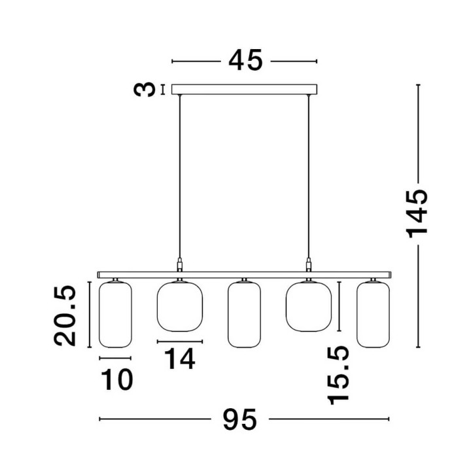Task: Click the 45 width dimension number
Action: (245, 61)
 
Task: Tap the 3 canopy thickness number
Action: (145, 90)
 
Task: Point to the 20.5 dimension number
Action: (65, 316)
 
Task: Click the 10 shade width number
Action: (117, 379)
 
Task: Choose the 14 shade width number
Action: (180, 358)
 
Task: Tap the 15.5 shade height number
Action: (338, 375)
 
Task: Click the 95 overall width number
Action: (239, 419)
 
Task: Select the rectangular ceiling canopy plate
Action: (244, 89)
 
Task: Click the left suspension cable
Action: (180, 177)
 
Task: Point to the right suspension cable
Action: (308, 177)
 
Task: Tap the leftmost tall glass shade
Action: (115, 315)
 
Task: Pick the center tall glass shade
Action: (244, 315)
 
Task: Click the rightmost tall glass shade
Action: (373, 315)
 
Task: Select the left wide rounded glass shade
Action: (180, 306)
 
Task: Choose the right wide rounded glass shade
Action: (309, 306)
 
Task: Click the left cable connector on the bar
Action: (180, 265)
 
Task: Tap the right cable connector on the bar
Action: (308, 265)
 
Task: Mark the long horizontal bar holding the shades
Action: (244, 275)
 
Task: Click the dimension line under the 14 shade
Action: (180, 341)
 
